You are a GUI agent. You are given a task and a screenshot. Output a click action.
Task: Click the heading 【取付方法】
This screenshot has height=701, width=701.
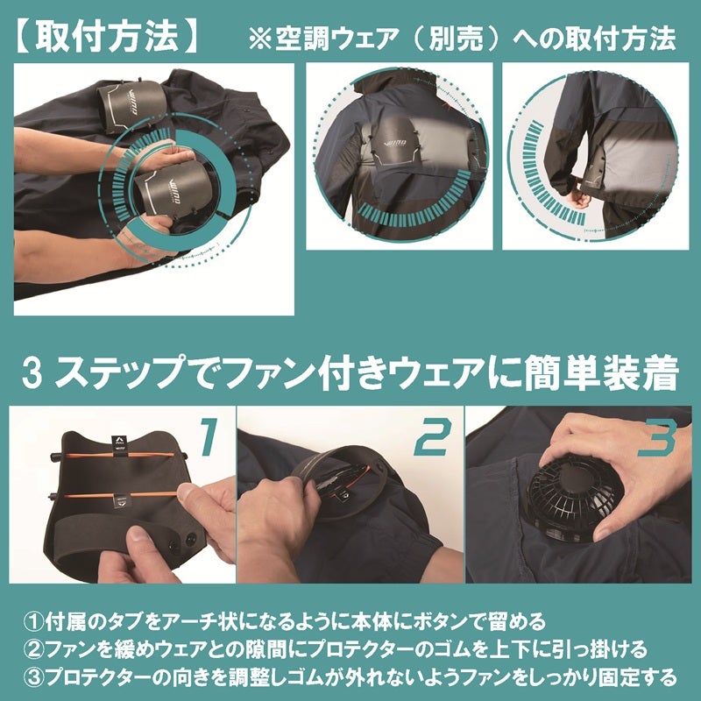coord(107,37)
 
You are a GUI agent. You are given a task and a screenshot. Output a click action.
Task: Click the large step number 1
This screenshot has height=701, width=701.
coord(209,437)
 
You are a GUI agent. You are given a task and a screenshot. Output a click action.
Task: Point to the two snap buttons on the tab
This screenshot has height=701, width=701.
coord(181,542)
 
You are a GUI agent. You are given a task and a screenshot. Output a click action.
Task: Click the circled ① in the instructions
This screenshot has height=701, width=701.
coord(34,622)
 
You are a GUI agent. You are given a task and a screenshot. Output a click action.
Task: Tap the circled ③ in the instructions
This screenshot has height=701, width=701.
coord(34,677)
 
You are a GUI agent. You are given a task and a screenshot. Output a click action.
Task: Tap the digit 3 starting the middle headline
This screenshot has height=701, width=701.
coord(32,373)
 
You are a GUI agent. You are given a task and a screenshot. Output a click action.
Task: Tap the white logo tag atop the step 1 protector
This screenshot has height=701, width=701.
coord(117,442)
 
